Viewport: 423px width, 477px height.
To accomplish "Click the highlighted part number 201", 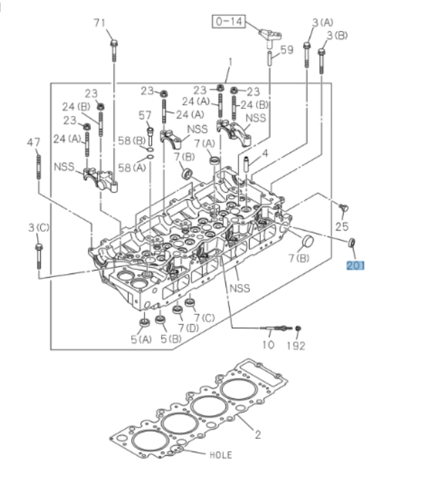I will (356, 264).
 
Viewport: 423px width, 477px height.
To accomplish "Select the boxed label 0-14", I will (228, 22).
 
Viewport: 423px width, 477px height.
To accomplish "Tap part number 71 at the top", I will (100, 23).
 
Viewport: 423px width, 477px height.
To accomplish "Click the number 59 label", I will (287, 50).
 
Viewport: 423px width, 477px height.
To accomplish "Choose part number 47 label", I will (34, 142).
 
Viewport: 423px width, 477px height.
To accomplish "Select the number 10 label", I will (268, 345).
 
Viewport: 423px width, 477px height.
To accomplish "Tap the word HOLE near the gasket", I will (220, 455).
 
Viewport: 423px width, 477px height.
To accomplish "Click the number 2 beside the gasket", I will (257, 434).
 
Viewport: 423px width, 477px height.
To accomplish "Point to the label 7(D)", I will (189, 328).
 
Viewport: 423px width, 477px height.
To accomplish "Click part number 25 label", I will (342, 226).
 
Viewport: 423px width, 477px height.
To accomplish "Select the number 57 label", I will (146, 115).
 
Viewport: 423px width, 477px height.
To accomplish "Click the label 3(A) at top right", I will (322, 22).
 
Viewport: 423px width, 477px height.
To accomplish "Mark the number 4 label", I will (264, 154).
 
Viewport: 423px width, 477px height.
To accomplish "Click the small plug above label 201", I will (351, 243).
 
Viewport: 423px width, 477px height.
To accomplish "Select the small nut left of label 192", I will (298, 328).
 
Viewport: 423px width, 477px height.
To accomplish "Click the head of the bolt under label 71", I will (113, 43).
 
